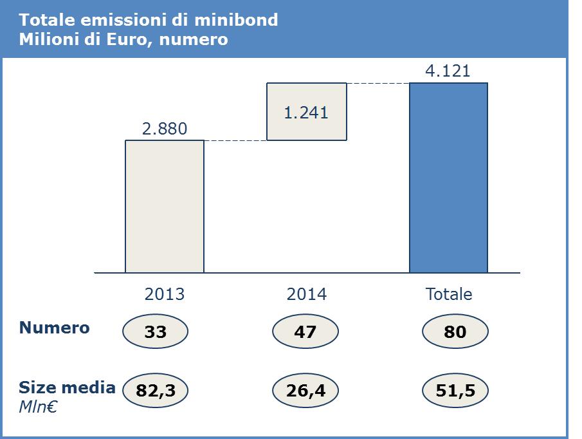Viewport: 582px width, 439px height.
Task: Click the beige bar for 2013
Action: [165, 207]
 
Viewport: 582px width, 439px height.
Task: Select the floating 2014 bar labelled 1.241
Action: [307, 111]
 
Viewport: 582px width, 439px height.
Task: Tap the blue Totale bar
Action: [448, 178]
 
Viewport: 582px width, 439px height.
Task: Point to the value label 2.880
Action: [165, 129]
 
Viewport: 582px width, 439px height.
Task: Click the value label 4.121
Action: [448, 71]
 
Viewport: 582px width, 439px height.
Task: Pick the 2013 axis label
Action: [165, 294]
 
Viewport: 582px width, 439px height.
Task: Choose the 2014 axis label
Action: [307, 294]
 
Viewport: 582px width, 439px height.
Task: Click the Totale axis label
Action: [449, 294]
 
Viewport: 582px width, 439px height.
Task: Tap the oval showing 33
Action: [155, 332]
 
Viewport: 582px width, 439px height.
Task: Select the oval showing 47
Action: [305, 332]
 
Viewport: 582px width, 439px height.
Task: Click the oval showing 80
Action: [455, 332]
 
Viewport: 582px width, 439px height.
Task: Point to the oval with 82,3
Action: [155, 390]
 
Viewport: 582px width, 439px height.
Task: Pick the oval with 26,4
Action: [305, 390]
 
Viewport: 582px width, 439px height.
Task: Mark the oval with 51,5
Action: [455, 390]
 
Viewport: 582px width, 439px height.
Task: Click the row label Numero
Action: [54, 328]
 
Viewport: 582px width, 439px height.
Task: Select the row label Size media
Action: [67, 388]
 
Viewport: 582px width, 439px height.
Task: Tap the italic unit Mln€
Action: [38, 407]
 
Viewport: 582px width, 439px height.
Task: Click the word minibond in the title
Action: [236, 20]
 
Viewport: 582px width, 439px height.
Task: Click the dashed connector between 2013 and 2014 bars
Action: [235, 140]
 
